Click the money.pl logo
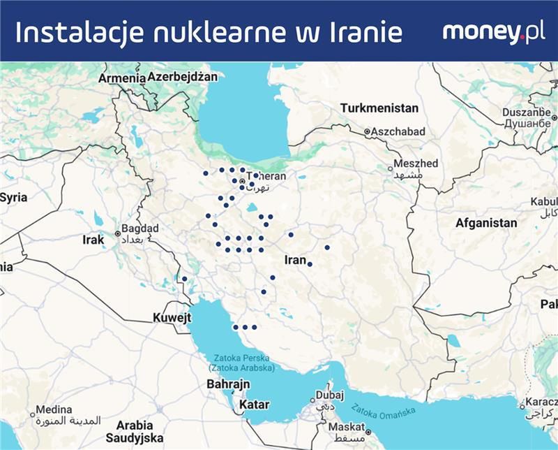[x=493, y=32]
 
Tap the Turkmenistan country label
[x=379, y=108]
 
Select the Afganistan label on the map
[x=486, y=224]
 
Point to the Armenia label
[x=120, y=79]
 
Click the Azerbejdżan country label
[x=183, y=76]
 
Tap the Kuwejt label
[x=172, y=318]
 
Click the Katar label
[x=254, y=405]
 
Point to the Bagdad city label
[x=140, y=228]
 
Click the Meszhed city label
[x=416, y=164]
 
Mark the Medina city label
[x=54, y=409]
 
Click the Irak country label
[x=93, y=240]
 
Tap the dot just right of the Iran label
[x=310, y=263]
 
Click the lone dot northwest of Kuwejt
[x=185, y=279]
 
